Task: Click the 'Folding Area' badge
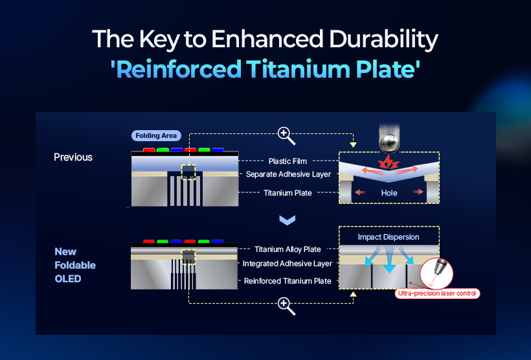pyautogui.click(x=156, y=136)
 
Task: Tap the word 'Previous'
pyautogui.click(x=73, y=157)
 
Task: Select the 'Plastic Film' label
pyautogui.click(x=288, y=161)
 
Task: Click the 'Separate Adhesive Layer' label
pyautogui.click(x=288, y=174)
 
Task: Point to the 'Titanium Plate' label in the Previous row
pyautogui.click(x=288, y=193)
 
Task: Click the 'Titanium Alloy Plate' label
pyautogui.click(x=288, y=249)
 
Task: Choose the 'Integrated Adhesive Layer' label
pyautogui.click(x=288, y=264)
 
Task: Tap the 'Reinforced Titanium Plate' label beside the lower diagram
pyautogui.click(x=288, y=281)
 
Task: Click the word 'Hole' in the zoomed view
pyautogui.click(x=389, y=193)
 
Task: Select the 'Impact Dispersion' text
pyautogui.click(x=389, y=237)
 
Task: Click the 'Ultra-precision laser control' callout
pyautogui.click(x=437, y=293)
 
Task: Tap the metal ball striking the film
pyautogui.click(x=389, y=143)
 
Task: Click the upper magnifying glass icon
pyautogui.click(x=286, y=135)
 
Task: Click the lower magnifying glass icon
pyautogui.click(x=286, y=306)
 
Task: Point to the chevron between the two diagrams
pyautogui.click(x=287, y=220)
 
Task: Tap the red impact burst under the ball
pyautogui.click(x=389, y=163)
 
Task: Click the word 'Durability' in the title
pyautogui.click(x=384, y=39)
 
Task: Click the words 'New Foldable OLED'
pyautogui.click(x=75, y=265)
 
